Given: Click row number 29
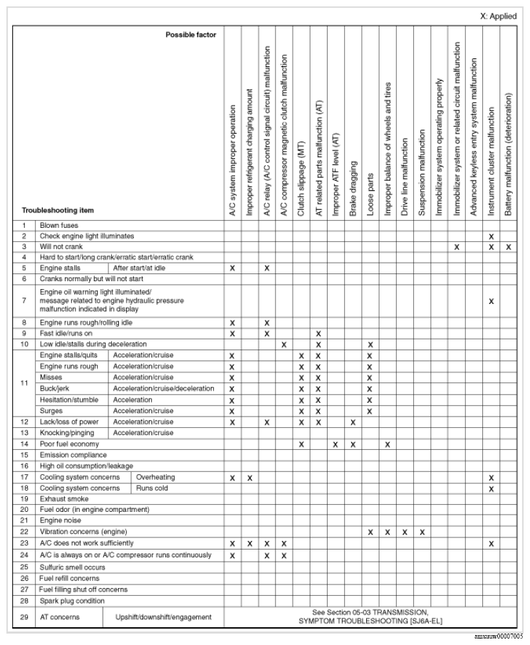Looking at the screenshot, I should (24, 617).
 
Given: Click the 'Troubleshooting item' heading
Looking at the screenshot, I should (58, 211).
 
